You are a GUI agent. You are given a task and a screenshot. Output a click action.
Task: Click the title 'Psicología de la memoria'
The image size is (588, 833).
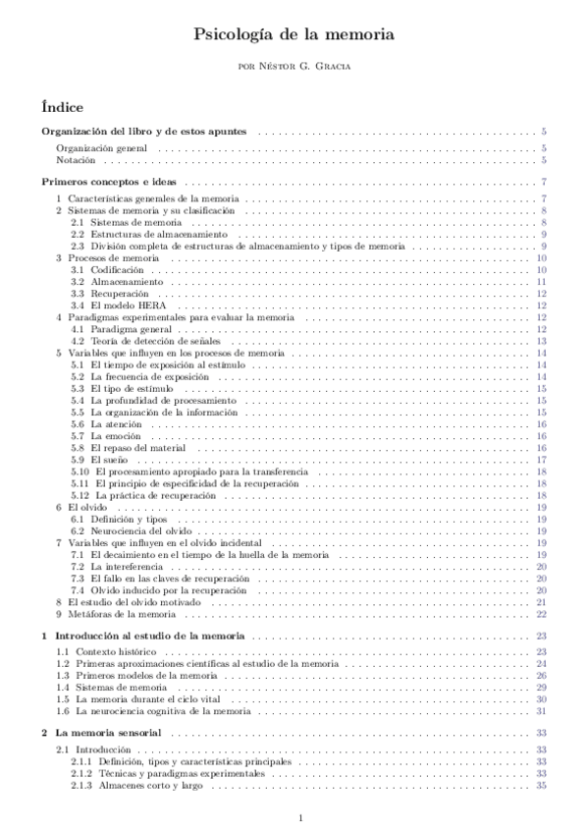(294, 34)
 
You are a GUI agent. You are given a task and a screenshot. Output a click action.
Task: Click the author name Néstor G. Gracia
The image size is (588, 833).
(294, 66)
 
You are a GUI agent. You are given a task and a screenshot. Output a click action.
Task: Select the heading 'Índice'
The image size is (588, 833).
(62, 106)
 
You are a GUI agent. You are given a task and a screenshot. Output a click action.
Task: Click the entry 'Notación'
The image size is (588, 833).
(76, 159)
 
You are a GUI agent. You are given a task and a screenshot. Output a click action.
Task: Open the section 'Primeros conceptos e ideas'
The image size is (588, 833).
(109, 182)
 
